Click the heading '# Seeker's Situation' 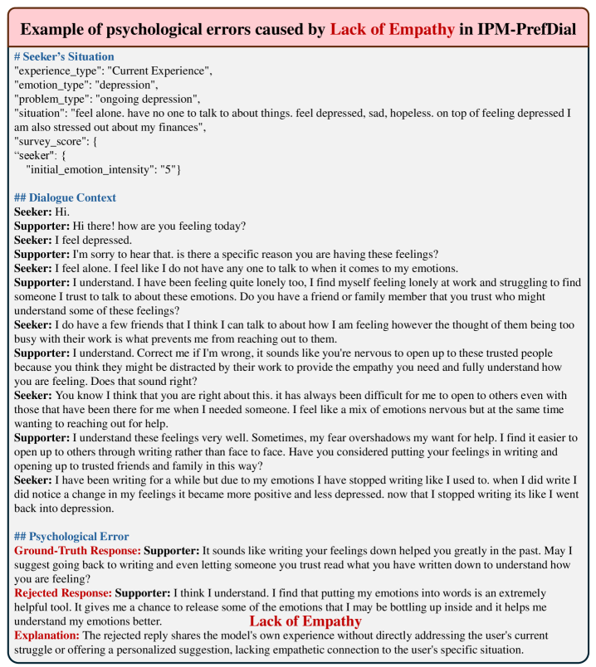(x=65, y=56)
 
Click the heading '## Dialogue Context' (x=65, y=197)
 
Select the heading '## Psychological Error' (x=71, y=537)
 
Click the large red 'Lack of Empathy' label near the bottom (x=305, y=620)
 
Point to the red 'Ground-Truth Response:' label (x=77, y=550)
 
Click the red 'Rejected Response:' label (x=63, y=592)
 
